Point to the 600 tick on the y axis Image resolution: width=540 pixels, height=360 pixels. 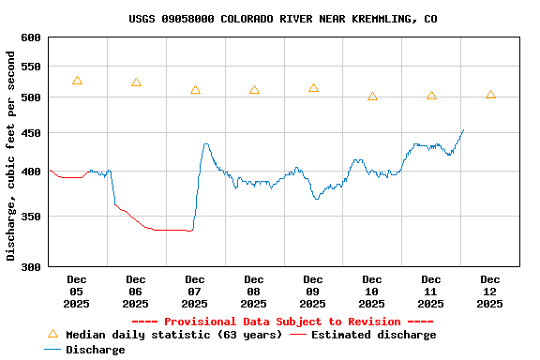point(31,37)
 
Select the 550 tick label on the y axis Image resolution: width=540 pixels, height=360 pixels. point(31,67)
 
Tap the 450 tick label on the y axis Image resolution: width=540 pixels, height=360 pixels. point(31,133)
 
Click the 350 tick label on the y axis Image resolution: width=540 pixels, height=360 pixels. point(31,217)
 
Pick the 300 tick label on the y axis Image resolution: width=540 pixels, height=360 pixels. point(31,267)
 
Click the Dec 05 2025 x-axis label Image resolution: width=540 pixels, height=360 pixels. point(77,292)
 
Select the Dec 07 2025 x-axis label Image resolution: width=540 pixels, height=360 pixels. point(195,292)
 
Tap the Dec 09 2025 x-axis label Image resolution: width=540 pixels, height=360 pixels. point(313,292)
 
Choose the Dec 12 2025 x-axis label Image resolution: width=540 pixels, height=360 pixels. point(490,292)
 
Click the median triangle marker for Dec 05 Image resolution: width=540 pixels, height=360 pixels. point(77,81)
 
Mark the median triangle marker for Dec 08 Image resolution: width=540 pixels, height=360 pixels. point(254,90)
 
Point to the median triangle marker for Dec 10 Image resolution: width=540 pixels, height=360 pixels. point(372,97)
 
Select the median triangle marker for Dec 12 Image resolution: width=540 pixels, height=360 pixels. point(490,95)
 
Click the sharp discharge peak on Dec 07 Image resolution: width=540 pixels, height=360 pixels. point(206,144)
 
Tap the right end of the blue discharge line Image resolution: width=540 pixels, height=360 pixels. point(463,130)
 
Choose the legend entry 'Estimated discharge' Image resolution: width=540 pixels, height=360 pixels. point(373,335)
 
